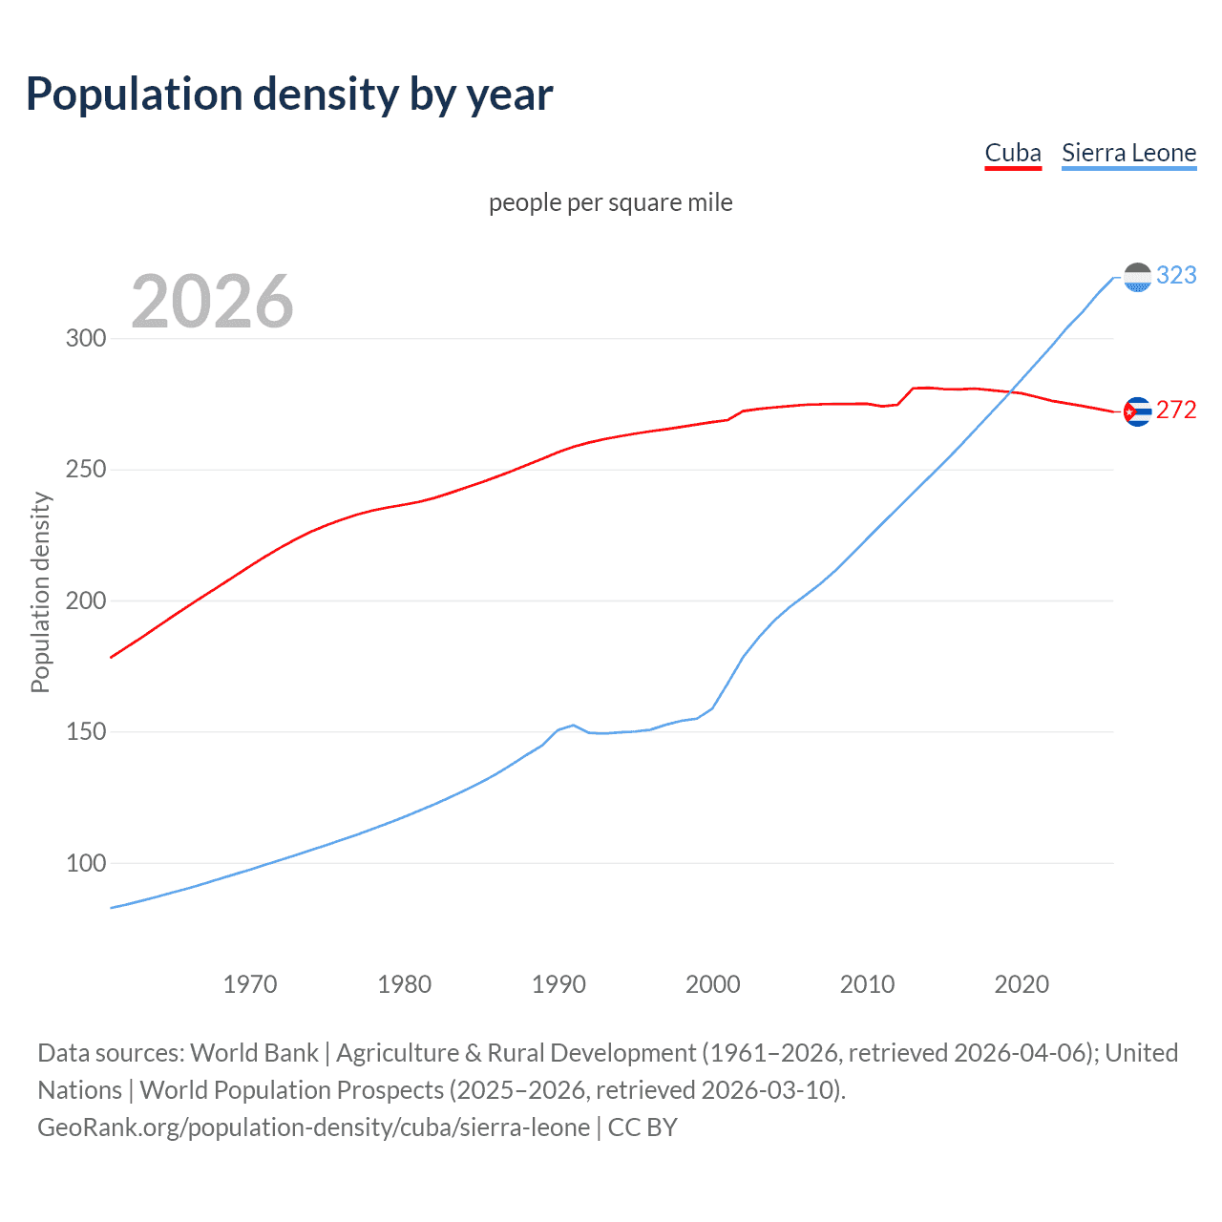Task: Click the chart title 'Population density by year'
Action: pos(289,95)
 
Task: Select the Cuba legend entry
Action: pos(1012,153)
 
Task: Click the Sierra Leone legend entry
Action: pos(1128,153)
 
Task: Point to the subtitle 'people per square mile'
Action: pos(610,202)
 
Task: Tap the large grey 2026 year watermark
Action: pos(212,302)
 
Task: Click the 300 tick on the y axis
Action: pos(86,339)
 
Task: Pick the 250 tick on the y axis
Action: pos(86,470)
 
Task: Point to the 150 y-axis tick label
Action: pos(86,732)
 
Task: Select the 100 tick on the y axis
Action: pos(86,863)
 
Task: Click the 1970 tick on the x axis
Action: pos(250,984)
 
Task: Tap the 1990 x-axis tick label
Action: pos(558,984)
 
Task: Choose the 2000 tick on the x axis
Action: pos(713,984)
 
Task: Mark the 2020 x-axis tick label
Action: pos(1022,984)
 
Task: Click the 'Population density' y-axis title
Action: pos(40,592)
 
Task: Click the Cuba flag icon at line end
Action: pos(1137,411)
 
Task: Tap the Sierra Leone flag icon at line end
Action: pos(1137,277)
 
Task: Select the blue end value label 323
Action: pos(1176,275)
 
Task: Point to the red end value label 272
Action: pos(1176,410)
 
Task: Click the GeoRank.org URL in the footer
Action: pos(313,1127)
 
